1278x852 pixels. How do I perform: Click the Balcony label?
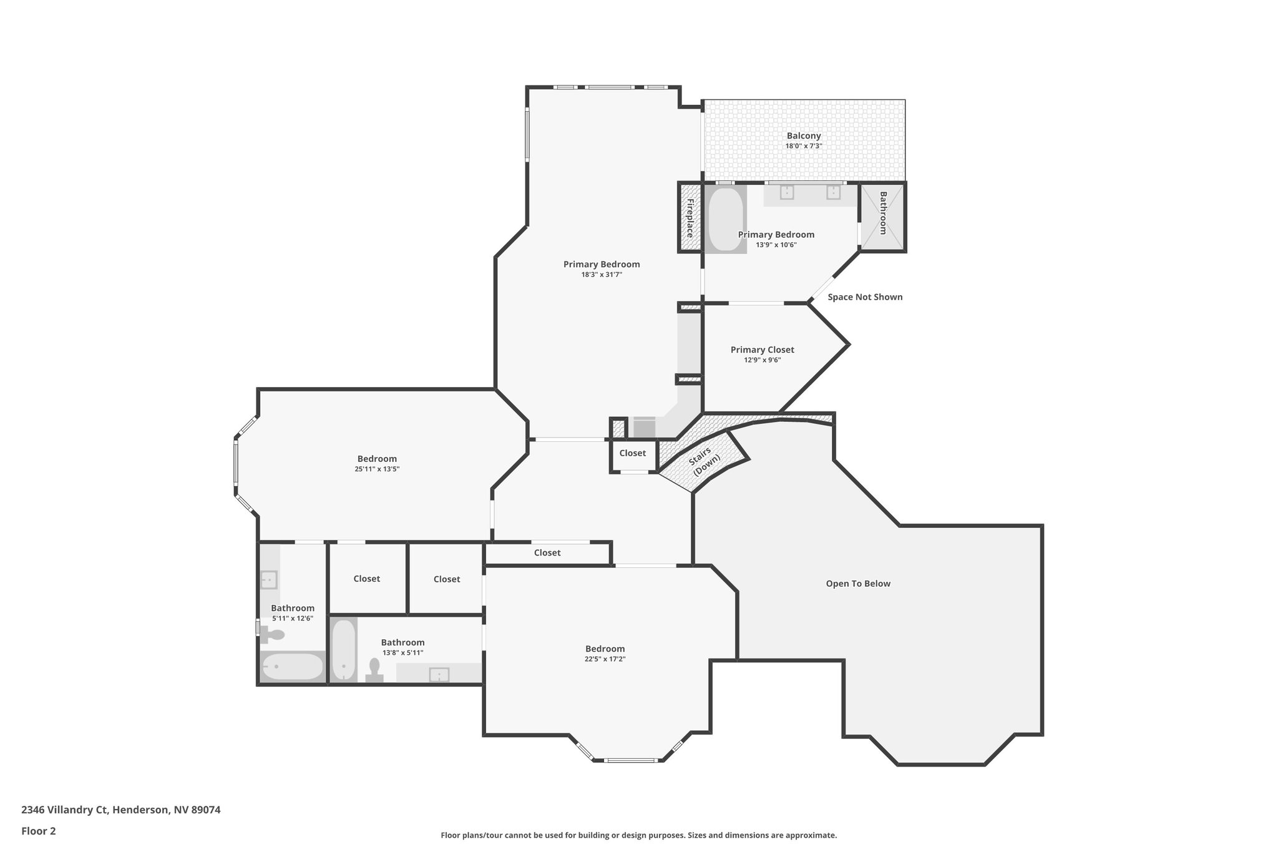pyautogui.click(x=803, y=136)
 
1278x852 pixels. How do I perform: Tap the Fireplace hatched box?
pyautogui.click(x=690, y=217)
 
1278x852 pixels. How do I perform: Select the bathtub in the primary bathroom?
pyautogui.click(x=725, y=218)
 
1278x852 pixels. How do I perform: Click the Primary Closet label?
pyautogui.click(x=762, y=350)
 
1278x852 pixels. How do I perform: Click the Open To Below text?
pyautogui.click(x=857, y=584)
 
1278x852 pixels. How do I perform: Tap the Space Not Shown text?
pyautogui.click(x=864, y=297)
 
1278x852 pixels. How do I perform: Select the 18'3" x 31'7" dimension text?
pyautogui.click(x=602, y=274)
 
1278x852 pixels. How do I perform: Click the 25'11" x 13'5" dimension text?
pyautogui.click(x=377, y=469)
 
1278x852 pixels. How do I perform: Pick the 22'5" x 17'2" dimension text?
pyautogui.click(x=605, y=659)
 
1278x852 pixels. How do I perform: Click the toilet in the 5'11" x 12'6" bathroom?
pyautogui.click(x=273, y=635)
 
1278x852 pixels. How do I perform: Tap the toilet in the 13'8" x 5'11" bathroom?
pyautogui.click(x=374, y=670)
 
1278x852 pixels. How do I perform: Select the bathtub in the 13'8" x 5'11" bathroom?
pyautogui.click(x=343, y=650)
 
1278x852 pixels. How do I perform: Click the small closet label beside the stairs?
pyautogui.click(x=632, y=453)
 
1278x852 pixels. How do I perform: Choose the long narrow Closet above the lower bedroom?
pyautogui.click(x=547, y=553)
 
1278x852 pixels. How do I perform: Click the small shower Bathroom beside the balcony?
pyautogui.click(x=882, y=215)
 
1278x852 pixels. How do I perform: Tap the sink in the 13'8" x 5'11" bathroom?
pyautogui.click(x=439, y=674)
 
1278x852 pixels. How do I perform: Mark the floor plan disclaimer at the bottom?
pyautogui.click(x=638, y=835)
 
